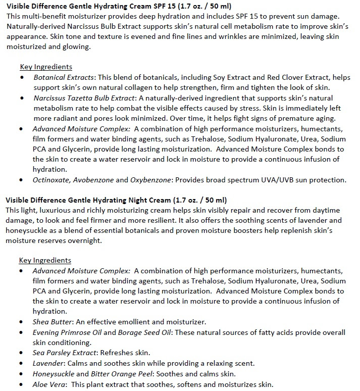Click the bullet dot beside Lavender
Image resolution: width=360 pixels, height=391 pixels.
(x=21, y=364)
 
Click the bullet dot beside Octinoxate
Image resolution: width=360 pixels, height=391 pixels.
(x=21, y=180)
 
